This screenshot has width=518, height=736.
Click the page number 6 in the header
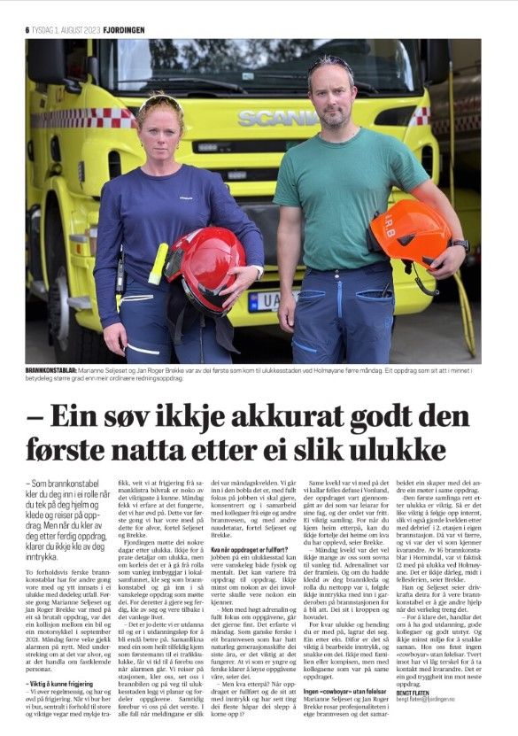[27, 29]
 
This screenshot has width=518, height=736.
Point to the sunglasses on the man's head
[331, 64]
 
